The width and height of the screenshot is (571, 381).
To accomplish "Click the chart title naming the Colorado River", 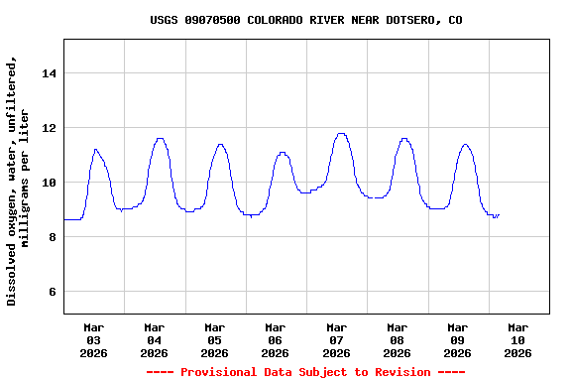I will (305, 20).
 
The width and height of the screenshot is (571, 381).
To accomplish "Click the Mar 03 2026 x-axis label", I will (94, 339).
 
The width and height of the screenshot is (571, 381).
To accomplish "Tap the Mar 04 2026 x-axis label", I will (155, 339).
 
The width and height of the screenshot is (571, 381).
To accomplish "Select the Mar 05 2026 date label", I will (215, 339).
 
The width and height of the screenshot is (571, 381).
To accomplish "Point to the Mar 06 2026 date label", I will (276, 339).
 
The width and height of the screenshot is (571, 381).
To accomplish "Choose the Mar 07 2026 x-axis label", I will (337, 339).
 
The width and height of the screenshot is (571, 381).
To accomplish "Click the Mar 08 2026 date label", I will (398, 339).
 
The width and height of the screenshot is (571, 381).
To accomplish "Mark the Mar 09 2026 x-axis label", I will (458, 339).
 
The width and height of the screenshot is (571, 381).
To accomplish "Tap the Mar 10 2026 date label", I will (518, 339).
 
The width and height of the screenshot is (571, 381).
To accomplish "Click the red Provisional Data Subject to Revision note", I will (305, 372).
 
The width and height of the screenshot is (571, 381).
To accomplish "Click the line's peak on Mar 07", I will (341, 133).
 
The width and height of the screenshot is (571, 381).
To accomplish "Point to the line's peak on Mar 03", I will (95, 149).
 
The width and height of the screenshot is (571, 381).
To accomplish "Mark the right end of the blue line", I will (499, 214).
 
